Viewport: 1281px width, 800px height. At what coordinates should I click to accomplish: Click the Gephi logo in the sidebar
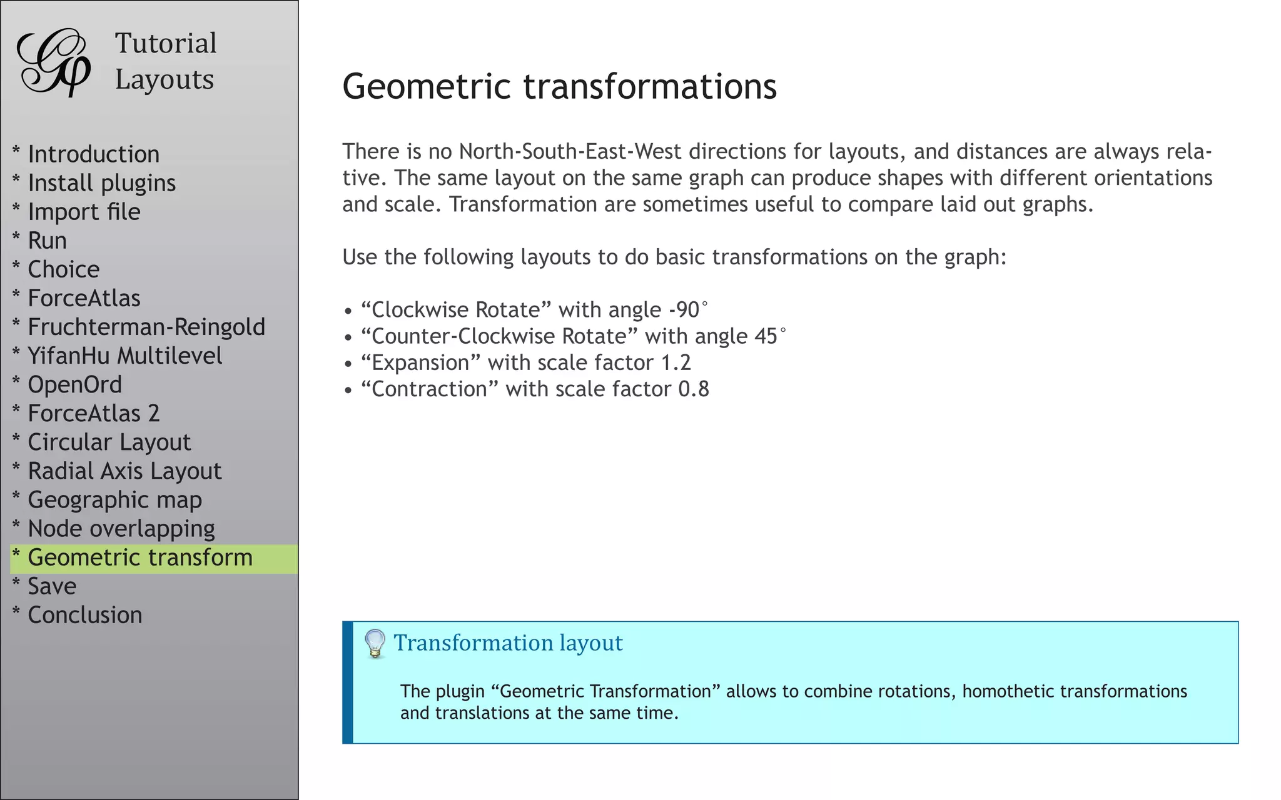[54, 62]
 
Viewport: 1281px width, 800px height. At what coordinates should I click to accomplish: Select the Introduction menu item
[93, 154]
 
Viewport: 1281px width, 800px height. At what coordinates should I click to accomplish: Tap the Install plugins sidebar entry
[101, 183]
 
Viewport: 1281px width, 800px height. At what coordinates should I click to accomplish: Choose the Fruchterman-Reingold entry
[146, 327]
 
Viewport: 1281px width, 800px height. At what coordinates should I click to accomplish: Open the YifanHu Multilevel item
[124, 356]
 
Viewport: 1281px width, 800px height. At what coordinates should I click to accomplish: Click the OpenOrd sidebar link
[74, 384]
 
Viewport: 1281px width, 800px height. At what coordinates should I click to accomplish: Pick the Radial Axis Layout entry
[124, 471]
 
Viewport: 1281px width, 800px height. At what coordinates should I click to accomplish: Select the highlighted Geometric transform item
[140, 557]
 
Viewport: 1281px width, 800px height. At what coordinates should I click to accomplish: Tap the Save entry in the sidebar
[52, 586]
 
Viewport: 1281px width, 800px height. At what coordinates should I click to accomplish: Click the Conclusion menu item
[85, 615]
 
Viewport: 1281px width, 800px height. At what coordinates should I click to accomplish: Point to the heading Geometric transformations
[559, 86]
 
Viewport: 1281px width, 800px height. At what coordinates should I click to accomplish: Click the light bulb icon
[375, 643]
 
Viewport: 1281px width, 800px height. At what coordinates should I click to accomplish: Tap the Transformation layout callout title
[508, 643]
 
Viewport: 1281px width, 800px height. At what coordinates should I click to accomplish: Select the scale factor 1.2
[676, 363]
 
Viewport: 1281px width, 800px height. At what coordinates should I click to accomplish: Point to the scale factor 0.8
[694, 389]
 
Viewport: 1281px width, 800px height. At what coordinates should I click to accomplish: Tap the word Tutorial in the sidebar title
[166, 44]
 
